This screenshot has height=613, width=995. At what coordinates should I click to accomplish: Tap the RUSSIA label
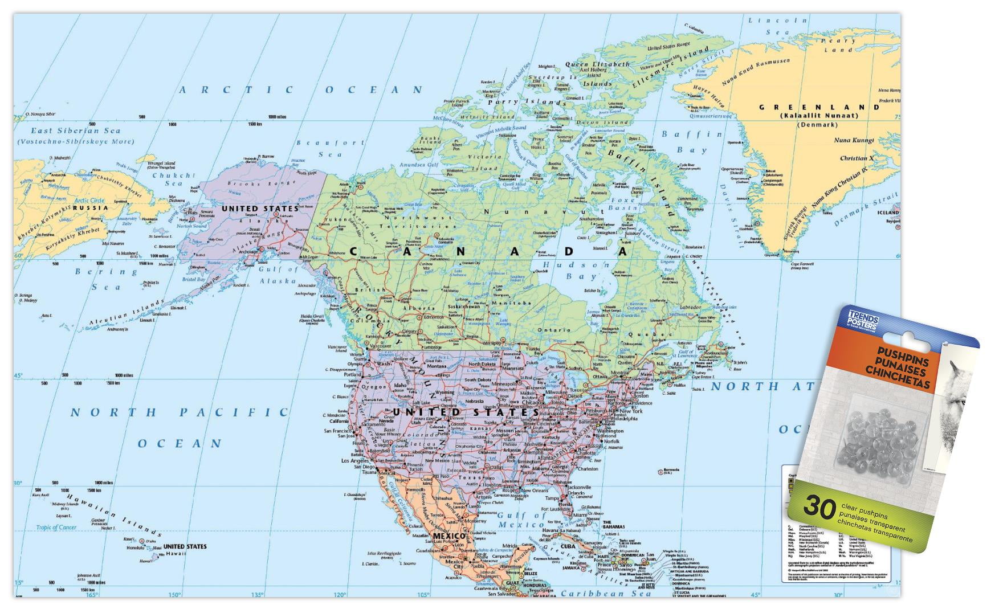coord(90,208)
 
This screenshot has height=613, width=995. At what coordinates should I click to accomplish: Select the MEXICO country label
coord(449,536)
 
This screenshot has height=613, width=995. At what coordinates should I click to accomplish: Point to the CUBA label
coord(567,546)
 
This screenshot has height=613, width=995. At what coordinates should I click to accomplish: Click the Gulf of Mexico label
coord(521,520)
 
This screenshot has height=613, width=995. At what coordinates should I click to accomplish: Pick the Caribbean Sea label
coord(606,593)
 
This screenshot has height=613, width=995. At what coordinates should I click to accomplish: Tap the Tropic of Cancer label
coord(56,528)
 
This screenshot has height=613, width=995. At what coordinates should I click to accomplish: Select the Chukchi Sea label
coord(174,179)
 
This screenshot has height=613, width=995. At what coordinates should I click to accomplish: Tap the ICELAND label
coord(887,212)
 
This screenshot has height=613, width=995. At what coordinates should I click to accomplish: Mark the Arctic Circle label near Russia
coord(89,201)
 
